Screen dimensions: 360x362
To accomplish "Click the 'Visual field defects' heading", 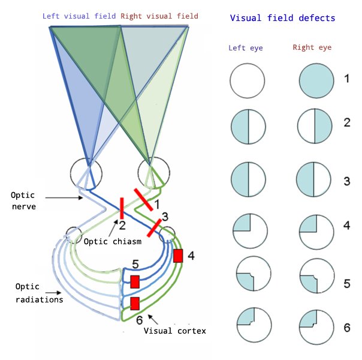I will (283, 18).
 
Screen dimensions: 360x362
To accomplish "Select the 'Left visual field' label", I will (80, 15).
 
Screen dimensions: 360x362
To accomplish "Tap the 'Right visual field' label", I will (159, 15).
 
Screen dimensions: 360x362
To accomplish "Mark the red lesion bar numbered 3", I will (155, 228).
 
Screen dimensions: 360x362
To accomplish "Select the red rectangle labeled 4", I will (178, 256).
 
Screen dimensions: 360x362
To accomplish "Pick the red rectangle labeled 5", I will (135, 281).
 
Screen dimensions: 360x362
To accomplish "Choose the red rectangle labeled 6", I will (135, 302).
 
